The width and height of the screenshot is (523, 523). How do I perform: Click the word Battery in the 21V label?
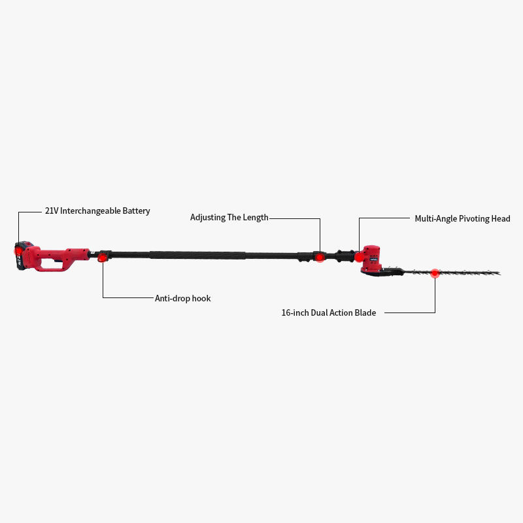136,211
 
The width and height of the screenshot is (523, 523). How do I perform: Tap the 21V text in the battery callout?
52,211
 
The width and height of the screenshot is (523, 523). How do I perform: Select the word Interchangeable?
91,211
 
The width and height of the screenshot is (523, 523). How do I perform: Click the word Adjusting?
207,217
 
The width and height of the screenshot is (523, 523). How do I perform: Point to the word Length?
256,217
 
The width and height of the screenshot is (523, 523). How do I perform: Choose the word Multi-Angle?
436,218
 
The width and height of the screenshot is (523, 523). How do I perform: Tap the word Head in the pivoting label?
501,218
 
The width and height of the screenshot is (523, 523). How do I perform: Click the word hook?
201,298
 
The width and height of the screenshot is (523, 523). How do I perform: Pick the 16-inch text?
295,312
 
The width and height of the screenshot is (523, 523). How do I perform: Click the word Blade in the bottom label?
365,312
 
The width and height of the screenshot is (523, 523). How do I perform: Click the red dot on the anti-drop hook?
103,259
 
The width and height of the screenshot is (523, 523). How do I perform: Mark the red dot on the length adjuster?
320,258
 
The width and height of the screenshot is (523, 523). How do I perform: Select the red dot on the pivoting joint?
359,257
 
